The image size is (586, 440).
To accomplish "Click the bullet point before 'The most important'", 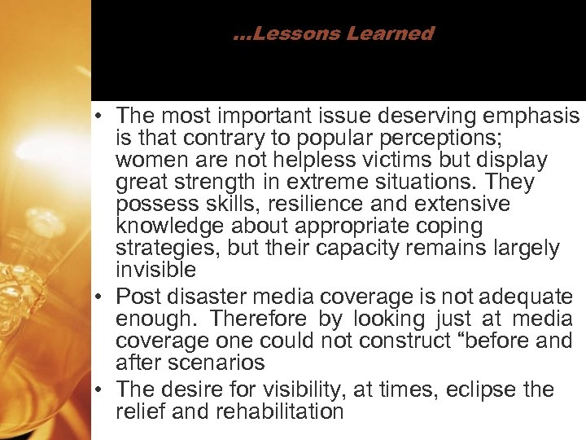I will tap(103, 116).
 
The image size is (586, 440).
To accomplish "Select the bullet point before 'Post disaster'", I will tap(103, 297).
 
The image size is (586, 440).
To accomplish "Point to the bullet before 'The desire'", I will tap(103, 389).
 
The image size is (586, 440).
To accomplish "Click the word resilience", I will tap(319, 204).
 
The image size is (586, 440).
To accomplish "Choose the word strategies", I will tap(168, 248).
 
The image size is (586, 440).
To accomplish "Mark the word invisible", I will tap(155, 270).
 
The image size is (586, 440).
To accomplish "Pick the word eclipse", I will tap(480, 389).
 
